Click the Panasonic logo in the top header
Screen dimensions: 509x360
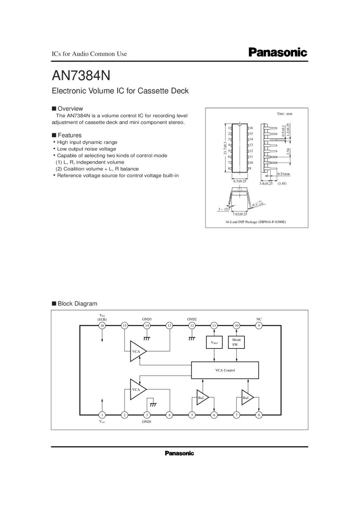(278, 52)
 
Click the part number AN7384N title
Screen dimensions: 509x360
(81, 75)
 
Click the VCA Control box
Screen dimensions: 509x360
(225, 370)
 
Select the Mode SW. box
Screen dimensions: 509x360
(236, 342)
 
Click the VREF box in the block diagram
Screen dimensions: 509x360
(214, 342)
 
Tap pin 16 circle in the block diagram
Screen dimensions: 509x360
(102, 325)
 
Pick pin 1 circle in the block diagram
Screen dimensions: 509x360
(102, 415)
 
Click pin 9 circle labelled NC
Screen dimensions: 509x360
(259, 325)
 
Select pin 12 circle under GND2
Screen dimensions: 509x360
(192, 325)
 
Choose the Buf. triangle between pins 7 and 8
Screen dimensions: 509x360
(247, 397)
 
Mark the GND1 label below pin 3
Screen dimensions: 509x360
(147, 422)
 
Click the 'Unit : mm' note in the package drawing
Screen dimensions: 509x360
(285, 113)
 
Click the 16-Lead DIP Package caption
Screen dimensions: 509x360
(255, 222)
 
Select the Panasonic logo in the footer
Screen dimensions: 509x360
(179, 453)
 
